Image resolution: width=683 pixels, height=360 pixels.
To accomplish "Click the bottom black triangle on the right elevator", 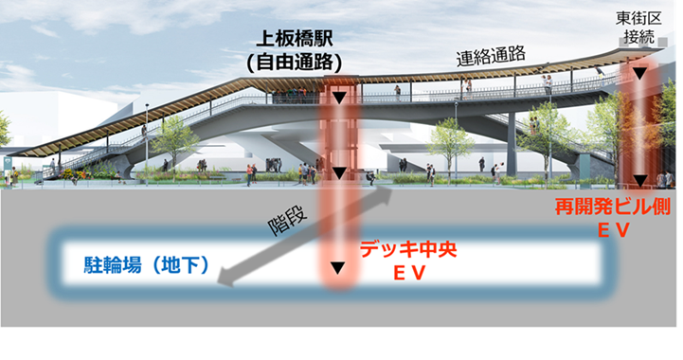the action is pyautogui.click(x=642, y=180).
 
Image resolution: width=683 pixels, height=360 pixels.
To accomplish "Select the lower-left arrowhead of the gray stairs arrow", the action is pyautogui.click(x=225, y=278).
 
